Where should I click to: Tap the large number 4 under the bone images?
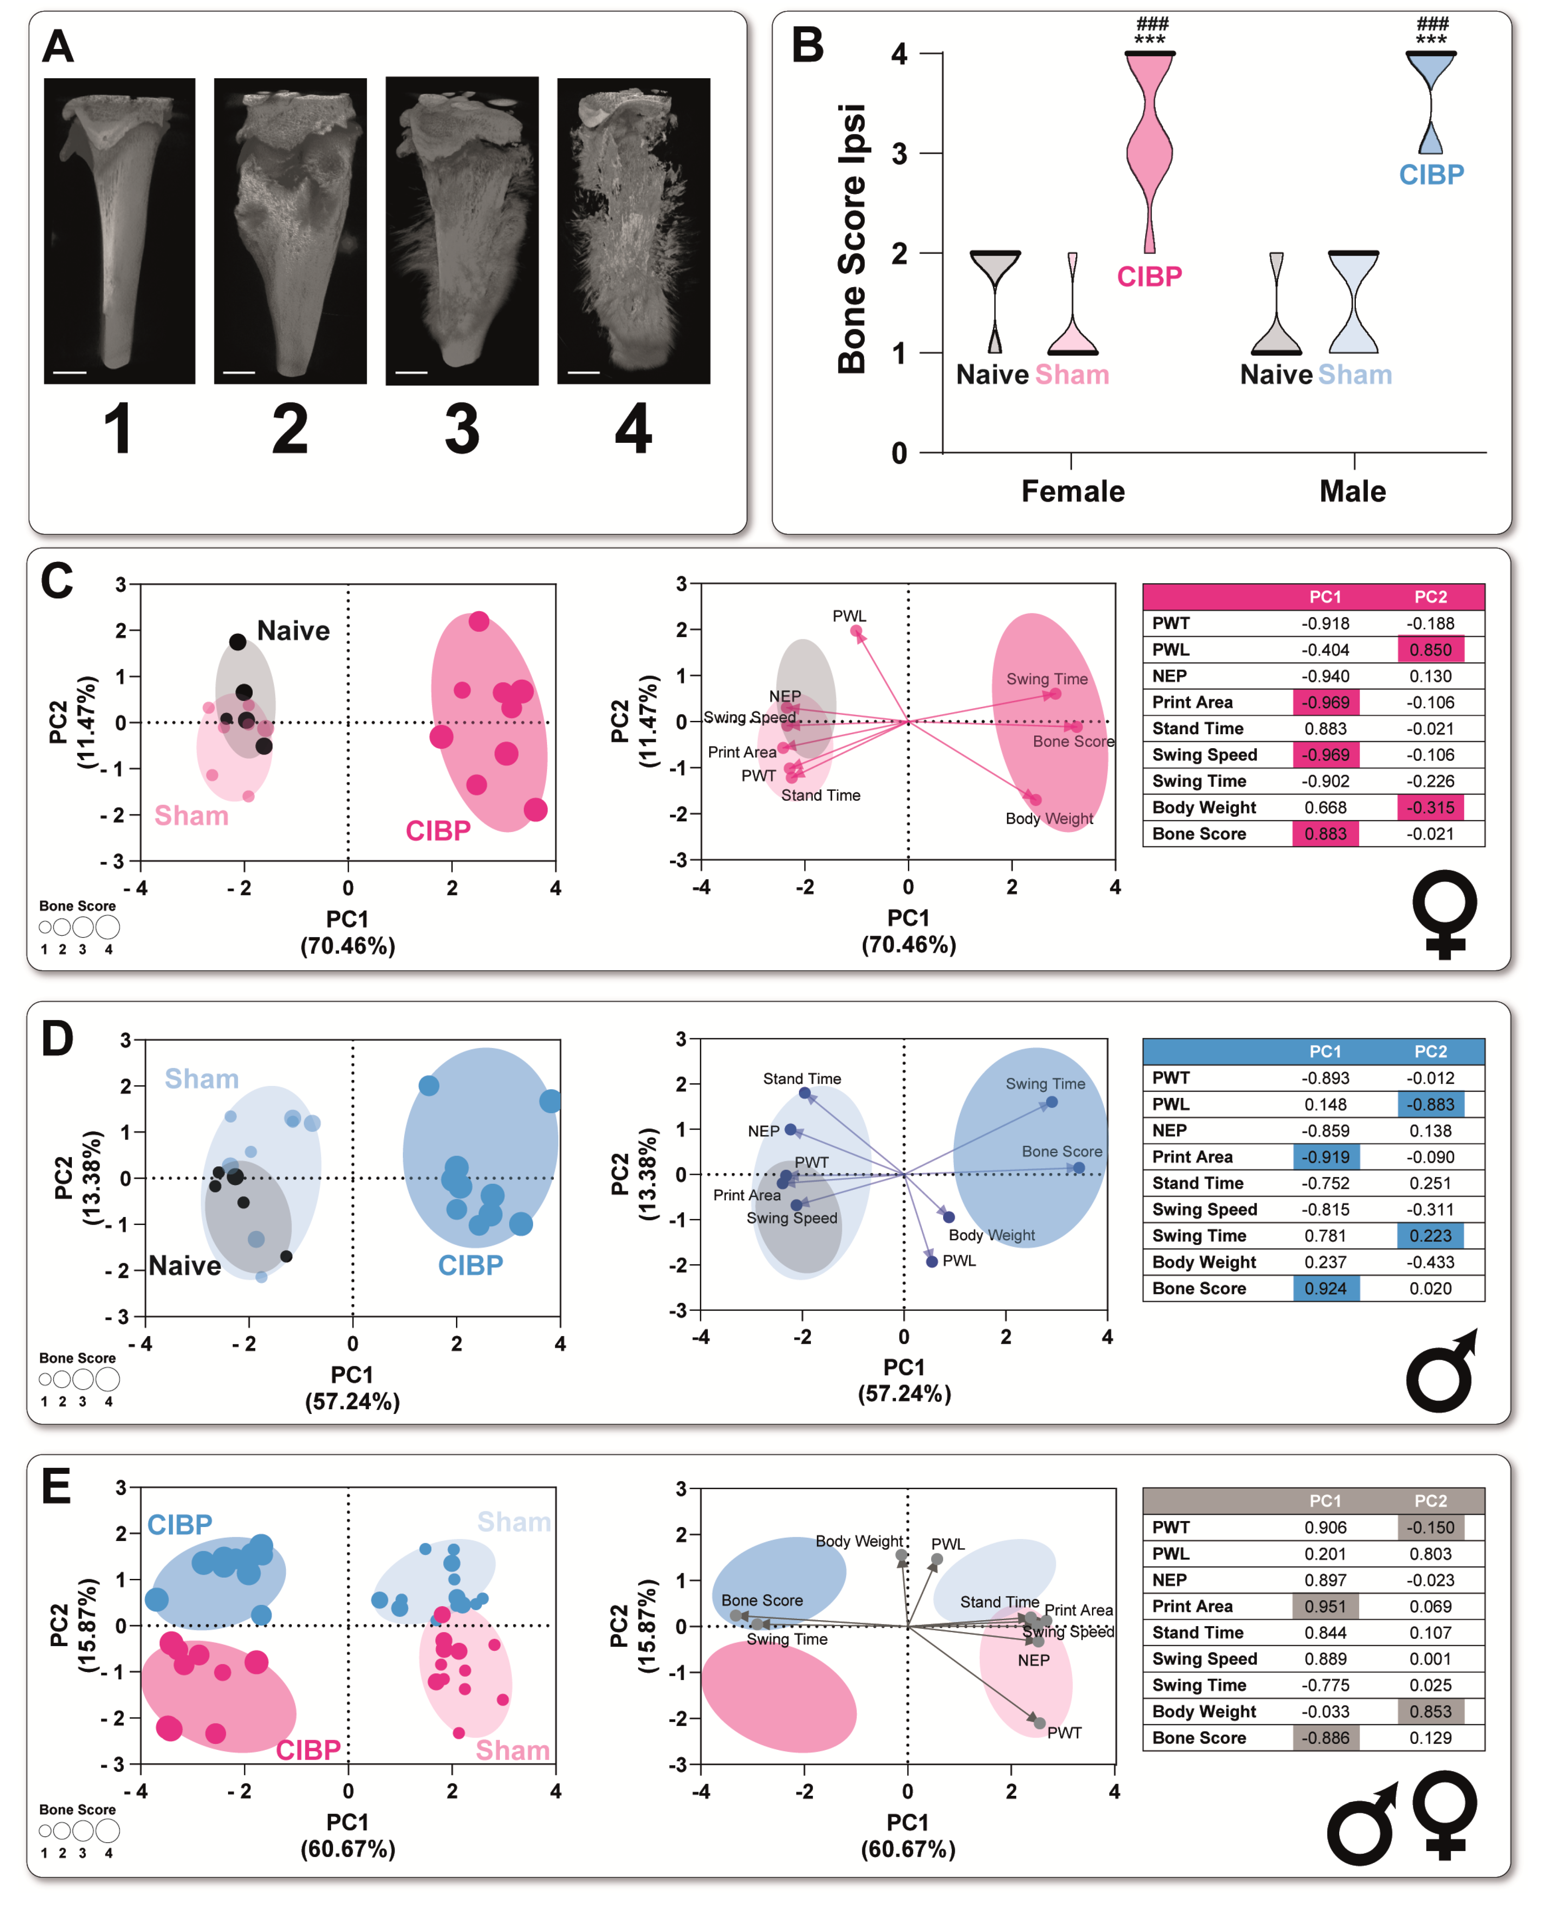[633, 429]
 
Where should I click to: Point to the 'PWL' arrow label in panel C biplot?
[849, 616]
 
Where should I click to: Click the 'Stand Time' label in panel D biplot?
[802, 1079]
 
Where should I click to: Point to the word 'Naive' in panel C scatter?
[293, 631]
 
